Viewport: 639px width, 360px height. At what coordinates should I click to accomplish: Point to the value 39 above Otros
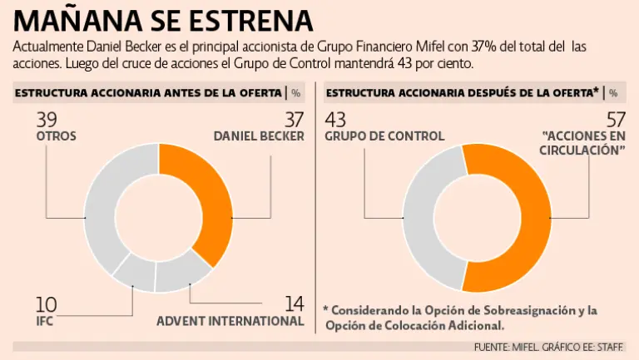point(47,120)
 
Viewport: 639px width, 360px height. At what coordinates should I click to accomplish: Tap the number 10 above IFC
point(46,304)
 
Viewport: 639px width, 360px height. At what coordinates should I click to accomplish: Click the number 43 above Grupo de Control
point(337,120)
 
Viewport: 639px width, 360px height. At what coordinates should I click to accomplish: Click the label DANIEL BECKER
point(259,136)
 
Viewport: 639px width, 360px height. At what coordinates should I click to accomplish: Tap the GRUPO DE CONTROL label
point(384,136)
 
